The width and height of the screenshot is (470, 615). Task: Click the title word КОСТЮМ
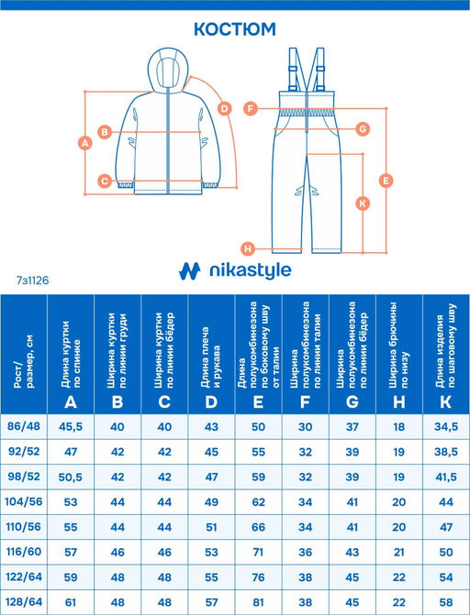point(234,28)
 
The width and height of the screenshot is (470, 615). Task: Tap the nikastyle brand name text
point(248,270)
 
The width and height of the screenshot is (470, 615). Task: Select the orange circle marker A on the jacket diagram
point(84,142)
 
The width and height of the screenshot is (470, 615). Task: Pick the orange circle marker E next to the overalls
point(386,180)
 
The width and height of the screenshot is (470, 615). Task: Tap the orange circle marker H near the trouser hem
point(247,248)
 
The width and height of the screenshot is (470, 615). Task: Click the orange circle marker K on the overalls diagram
point(363,203)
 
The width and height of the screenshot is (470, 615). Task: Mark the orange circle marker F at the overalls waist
point(250,108)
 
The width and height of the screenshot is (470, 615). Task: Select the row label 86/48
point(26,427)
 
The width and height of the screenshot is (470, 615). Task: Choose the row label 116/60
point(26,554)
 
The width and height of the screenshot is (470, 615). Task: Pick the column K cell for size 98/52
point(445,478)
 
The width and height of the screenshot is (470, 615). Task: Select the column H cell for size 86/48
point(398,427)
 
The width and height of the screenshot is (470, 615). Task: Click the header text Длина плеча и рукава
point(212,348)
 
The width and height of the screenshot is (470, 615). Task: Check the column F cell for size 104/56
point(306,503)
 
